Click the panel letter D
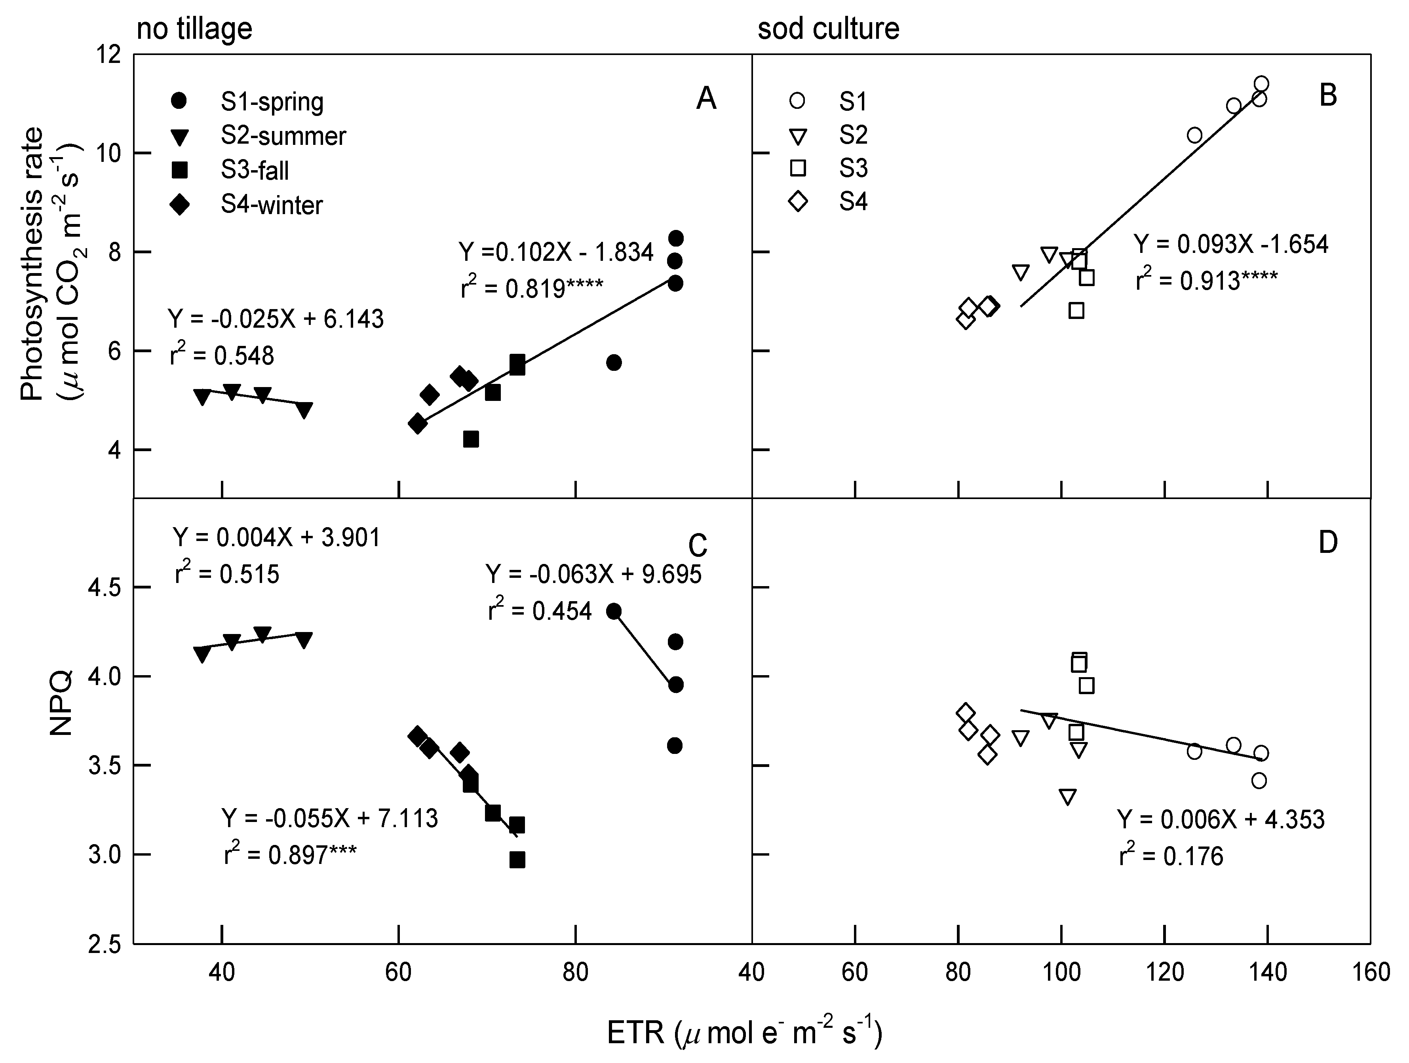coord(1327,543)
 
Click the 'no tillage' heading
coord(194,28)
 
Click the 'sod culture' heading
coord(828,28)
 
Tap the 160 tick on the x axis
coord(1371,972)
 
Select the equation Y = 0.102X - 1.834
coord(555,252)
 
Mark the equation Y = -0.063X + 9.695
coord(593,575)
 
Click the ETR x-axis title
coord(744,1033)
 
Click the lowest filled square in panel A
coord(471,439)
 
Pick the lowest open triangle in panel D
coord(1068,797)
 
